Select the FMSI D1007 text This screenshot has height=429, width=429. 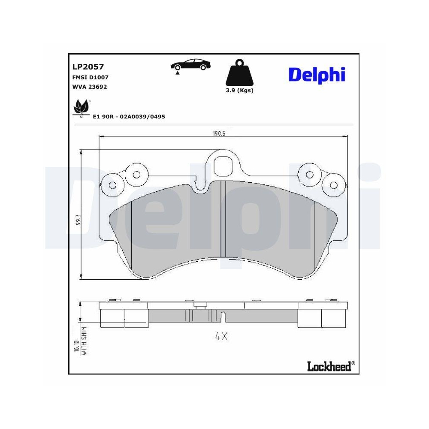tap(90, 77)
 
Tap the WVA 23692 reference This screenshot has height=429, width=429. tap(89, 87)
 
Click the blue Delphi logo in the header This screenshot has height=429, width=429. tap(317, 74)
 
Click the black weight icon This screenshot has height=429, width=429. tap(239, 73)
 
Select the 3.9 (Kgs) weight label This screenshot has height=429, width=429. tap(239, 91)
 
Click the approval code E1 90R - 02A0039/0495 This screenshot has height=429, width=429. tap(129, 116)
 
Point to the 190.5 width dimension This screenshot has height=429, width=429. tap(219, 133)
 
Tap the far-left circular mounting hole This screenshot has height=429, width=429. tap(113, 185)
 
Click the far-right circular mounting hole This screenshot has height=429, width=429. tap(333, 185)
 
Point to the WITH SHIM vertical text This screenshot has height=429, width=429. tap(85, 341)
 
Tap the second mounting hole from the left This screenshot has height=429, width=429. tap(136, 174)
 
